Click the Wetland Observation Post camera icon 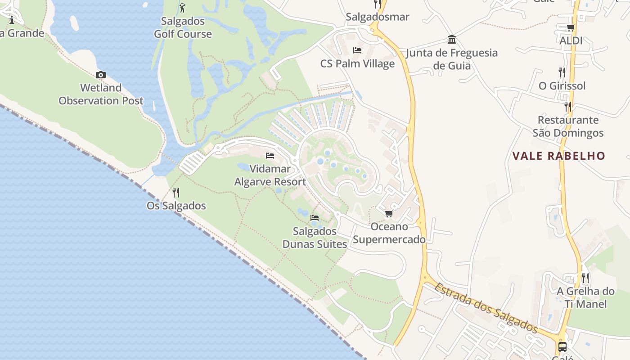click(101, 75)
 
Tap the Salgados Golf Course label click(183, 27)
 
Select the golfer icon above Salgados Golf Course click(182, 8)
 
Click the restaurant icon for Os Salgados click(176, 193)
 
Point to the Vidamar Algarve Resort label click(270, 175)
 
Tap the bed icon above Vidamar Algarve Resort click(270, 156)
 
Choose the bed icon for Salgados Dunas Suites click(315, 218)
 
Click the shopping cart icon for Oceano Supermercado click(389, 213)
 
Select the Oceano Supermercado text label click(389, 233)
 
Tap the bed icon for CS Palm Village click(357, 50)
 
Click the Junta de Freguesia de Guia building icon click(452, 40)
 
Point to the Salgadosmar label click(378, 17)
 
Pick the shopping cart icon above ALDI click(571, 28)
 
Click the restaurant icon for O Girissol click(562, 72)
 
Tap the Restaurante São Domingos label click(568, 126)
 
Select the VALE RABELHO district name click(559, 156)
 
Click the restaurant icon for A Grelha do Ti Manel click(585, 278)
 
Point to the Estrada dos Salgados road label click(486, 307)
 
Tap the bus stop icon click(562, 346)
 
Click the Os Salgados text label click(176, 206)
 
